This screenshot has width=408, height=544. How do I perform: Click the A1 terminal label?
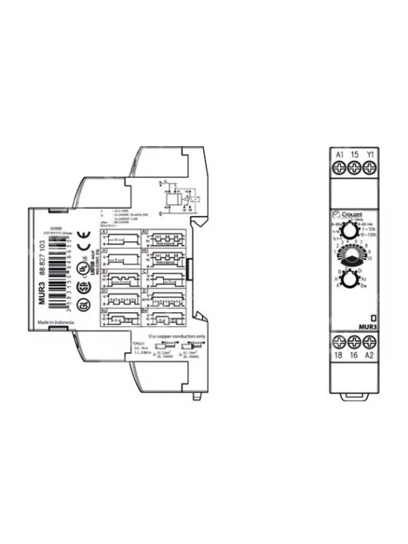coord(340,154)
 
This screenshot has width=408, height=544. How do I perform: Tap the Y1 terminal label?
coord(369,154)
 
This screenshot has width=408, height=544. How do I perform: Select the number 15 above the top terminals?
coord(355,154)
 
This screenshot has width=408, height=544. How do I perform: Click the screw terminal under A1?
coord(340,167)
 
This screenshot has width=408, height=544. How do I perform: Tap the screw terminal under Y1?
coord(369,167)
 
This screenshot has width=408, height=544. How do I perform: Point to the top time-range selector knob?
coord(351,233)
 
